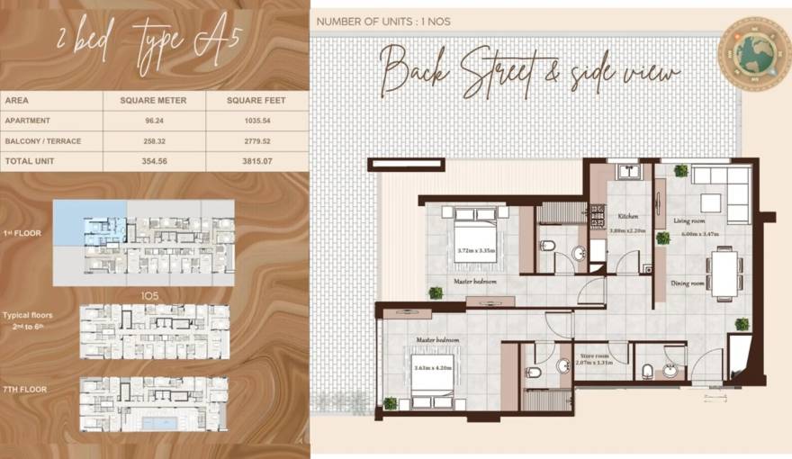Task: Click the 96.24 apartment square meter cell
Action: tap(153, 120)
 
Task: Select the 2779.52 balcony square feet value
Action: tap(257, 140)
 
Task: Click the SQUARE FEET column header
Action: tap(257, 100)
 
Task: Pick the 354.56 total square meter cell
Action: tap(153, 161)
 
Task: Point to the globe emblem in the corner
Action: tap(753, 54)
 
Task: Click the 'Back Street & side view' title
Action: tap(529, 70)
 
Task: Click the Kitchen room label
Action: tap(627, 217)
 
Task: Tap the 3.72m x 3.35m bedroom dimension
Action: tap(476, 251)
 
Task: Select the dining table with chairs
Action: tap(724, 272)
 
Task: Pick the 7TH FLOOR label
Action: tap(24, 390)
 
